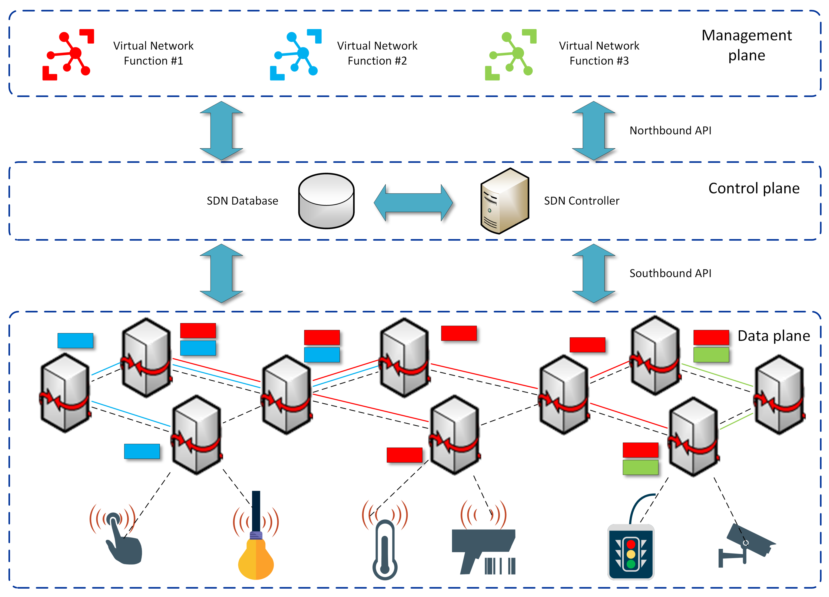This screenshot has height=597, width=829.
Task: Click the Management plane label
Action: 746,45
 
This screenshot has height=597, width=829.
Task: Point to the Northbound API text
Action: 670,131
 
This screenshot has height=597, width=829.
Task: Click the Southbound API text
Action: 670,273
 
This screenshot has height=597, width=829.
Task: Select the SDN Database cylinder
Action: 326,201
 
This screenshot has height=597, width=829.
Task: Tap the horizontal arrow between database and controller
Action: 413,203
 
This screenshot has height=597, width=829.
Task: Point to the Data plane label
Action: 773,336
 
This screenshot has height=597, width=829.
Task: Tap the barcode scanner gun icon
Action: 483,549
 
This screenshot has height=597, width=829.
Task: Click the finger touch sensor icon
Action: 121,538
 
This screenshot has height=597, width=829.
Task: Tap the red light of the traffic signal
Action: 631,544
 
